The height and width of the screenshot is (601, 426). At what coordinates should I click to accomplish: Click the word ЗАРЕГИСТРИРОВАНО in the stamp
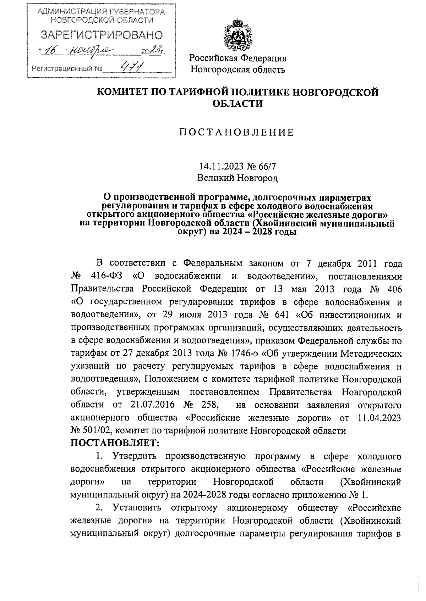(102, 35)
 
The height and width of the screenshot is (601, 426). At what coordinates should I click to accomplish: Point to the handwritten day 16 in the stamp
(51, 51)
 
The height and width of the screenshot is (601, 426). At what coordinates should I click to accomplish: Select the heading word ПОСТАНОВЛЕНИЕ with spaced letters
(237, 133)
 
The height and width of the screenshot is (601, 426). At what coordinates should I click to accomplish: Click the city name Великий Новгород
(237, 178)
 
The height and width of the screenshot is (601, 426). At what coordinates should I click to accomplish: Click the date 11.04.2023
(378, 418)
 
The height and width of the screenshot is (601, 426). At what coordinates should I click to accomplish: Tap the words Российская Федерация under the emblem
(237, 58)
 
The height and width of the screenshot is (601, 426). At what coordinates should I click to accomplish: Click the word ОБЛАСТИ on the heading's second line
(237, 104)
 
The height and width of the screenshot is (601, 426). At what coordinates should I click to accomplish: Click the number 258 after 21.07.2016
(209, 405)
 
